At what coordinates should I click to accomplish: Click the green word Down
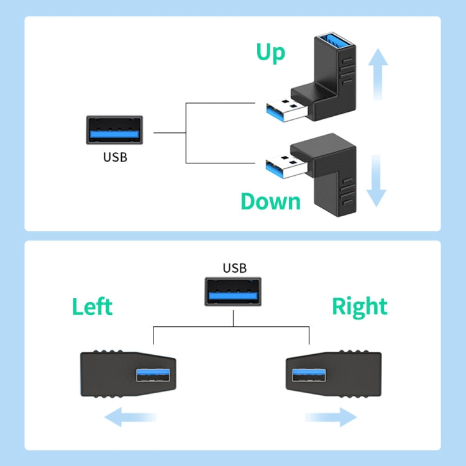[270, 202]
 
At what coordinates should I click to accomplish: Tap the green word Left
[92, 307]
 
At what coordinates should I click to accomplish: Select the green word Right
[359, 307]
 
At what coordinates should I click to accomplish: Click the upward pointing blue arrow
[377, 74]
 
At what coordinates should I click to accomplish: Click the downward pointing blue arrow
[377, 181]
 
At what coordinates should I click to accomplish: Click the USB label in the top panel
[115, 157]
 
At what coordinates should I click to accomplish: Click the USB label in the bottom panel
[235, 268]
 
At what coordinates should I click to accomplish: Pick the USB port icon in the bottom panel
[234, 293]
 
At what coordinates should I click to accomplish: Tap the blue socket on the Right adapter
[308, 375]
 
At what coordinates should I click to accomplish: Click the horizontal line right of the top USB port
[169, 132]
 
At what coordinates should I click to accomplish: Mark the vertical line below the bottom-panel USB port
[233, 318]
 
